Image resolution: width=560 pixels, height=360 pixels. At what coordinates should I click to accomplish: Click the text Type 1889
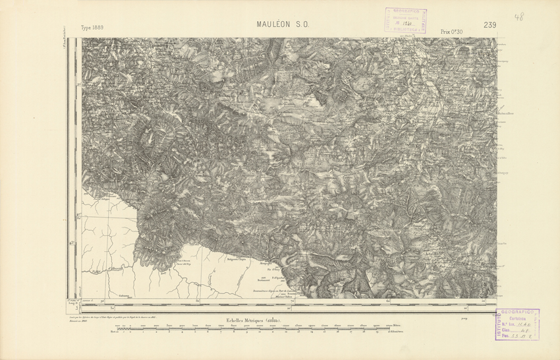(x=92, y=28)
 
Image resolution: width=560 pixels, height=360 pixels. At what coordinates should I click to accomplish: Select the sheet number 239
(x=489, y=25)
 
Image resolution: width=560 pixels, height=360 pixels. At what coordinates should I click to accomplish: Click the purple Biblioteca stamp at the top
(x=405, y=20)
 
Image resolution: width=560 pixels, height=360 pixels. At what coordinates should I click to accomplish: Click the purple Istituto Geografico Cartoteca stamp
(x=515, y=324)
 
